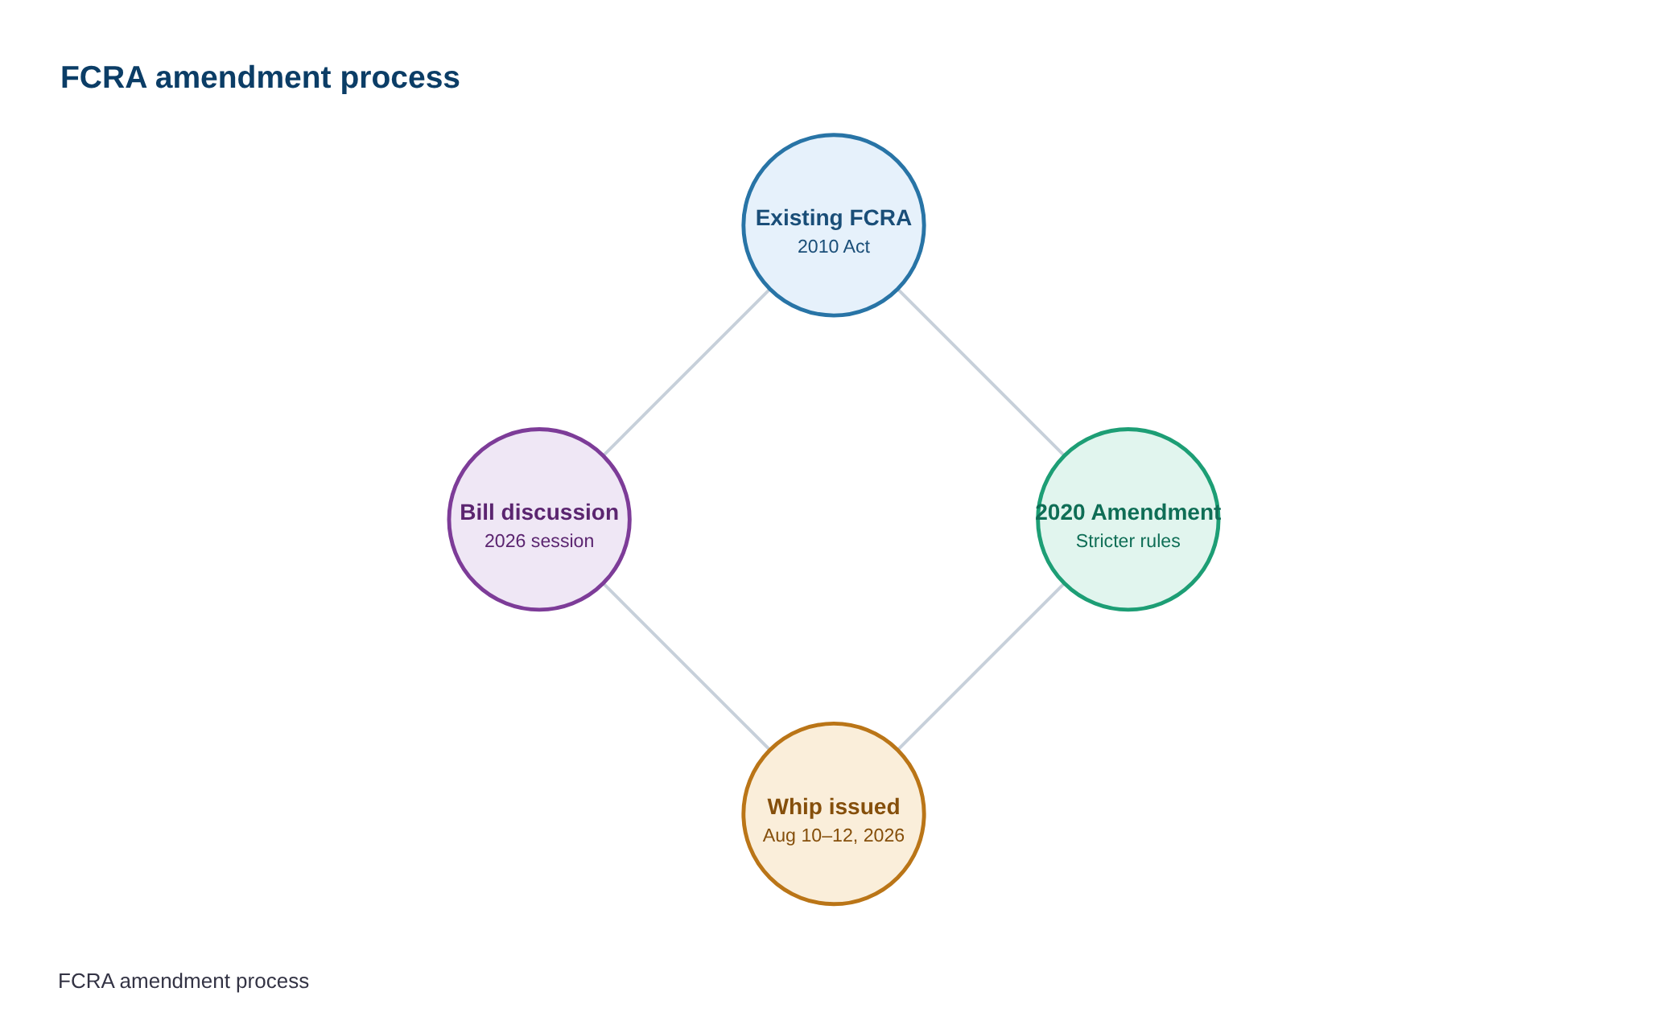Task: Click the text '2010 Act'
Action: point(834,246)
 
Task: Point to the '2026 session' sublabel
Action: point(539,541)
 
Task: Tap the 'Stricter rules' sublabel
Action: point(1128,541)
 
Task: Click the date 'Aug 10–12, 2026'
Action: point(834,835)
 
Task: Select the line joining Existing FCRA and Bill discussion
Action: point(687,372)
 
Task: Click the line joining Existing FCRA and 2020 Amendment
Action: point(981,372)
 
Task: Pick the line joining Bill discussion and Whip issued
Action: point(687,667)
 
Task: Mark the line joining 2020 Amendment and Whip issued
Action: point(981,667)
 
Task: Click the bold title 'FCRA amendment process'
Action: point(260,77)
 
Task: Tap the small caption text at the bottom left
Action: point(183,981)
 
